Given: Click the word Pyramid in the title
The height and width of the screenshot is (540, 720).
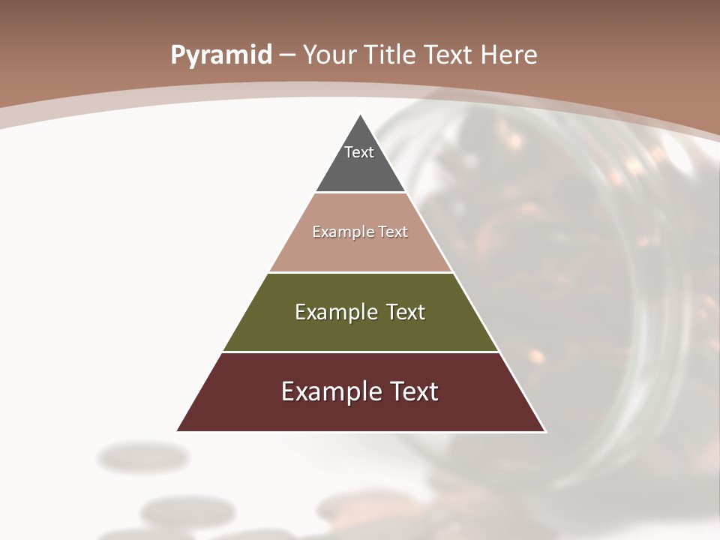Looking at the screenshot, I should point(220,55).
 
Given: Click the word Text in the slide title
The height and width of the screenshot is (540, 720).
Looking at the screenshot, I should point(448,55).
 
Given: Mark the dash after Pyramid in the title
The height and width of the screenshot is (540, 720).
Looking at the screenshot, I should point(286,55).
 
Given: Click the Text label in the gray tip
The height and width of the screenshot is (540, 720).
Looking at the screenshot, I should point(359,152).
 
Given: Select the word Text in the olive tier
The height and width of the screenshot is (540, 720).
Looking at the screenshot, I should point(406,312).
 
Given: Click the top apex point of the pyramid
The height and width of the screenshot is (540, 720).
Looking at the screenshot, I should point(361,115).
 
